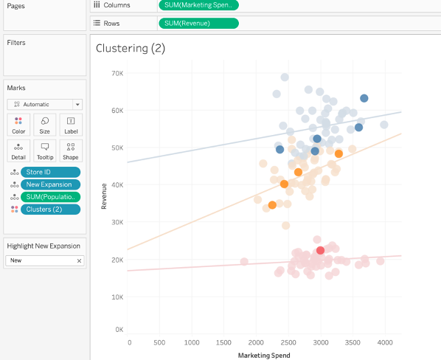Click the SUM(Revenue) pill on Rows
[198, 23]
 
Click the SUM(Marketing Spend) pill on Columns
[198, 5]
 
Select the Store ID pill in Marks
[49, 172]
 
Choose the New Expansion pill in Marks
[49, 184]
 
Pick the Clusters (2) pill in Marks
[49, 210]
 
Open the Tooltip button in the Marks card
[44, 151]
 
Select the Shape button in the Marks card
[70, 151]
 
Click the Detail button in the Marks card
[18, 151]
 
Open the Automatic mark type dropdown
[44, 105]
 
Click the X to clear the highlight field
[79, 261]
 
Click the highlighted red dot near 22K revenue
[320, 251]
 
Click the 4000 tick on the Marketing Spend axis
[383, 343]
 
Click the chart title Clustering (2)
[131, 49]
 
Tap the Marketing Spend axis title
[264, 355]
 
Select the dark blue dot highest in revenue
[364, 98]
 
